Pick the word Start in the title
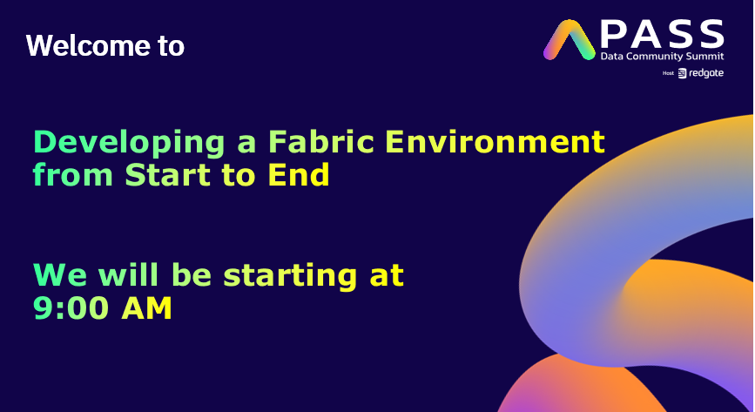tap(162, 175)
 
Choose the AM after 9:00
tap(146, 308)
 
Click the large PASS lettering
tap(663, 34)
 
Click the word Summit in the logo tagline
tap(704, 57)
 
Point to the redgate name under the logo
tap(706, 73)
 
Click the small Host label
tap(668, 73)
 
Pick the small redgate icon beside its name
tap(682, 73)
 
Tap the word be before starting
tap(196, 275)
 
